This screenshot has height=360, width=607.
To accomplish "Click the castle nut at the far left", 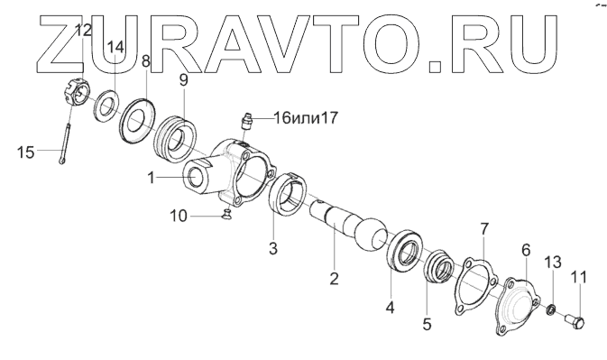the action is pos(77,92).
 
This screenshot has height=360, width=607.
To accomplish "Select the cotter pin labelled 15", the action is pos(65,143).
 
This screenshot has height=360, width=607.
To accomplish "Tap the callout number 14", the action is pos(115,47).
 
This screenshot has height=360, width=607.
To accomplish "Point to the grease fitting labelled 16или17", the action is pos(245,121).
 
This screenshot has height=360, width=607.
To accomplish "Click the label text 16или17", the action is pos(306,117).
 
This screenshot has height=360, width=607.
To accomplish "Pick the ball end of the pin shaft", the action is pos(372,235).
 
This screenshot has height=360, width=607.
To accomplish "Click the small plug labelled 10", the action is pos(225,213).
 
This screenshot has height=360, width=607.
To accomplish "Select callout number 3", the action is pos(273,248).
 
